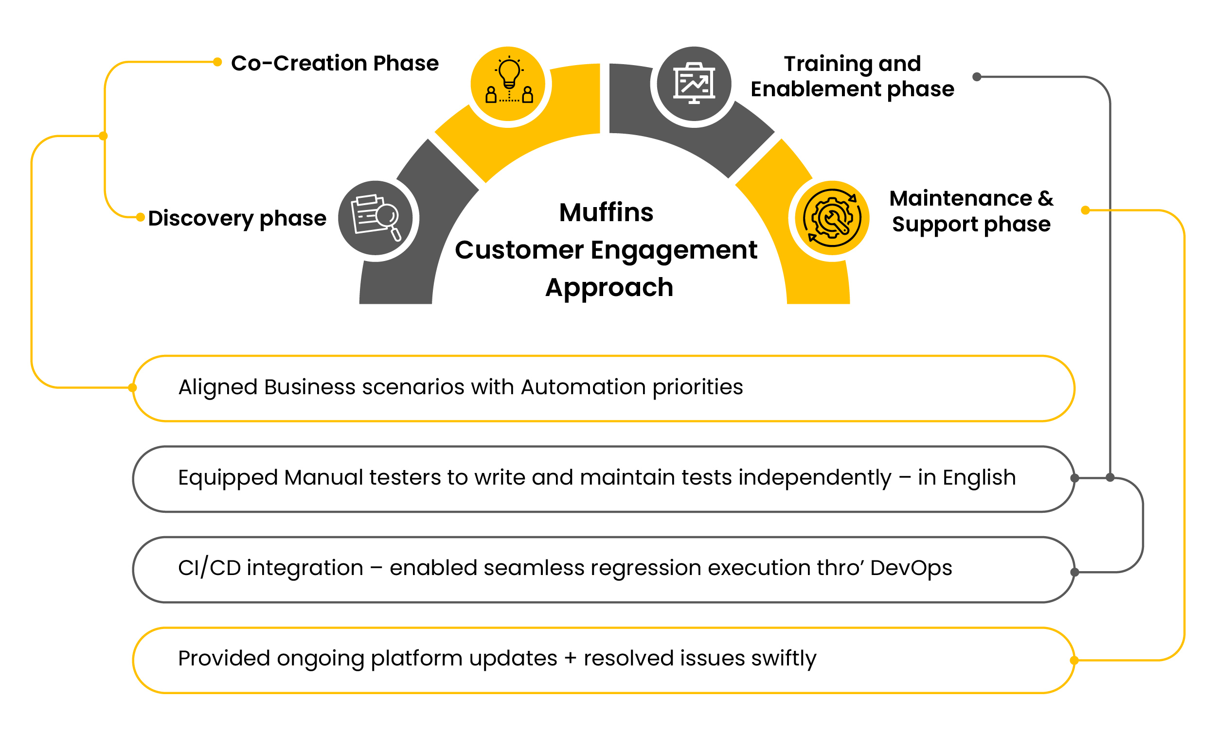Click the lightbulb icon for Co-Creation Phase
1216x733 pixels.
tap(509, 81)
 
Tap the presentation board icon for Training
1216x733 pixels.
tap(694, 83)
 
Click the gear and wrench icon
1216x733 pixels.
tap(832, 218)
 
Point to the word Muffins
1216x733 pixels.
tap(606, 212)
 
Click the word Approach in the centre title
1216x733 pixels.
tap(609, 288)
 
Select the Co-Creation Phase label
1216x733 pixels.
tap(335, 63)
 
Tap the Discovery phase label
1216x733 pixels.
tap(237, 218)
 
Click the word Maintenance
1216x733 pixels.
tap(960, 198)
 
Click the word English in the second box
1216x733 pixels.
tap(979, 477)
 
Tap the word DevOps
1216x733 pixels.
tap(911, 568)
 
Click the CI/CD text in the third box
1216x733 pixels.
tap(209, 568)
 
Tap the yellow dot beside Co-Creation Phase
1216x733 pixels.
tap(217, 62)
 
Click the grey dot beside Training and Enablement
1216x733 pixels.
tap(976, 77)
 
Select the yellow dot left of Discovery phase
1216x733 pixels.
tap(140, 217)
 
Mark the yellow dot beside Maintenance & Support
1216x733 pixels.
tap(1085, 210)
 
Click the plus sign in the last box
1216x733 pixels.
tap(570, 659)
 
